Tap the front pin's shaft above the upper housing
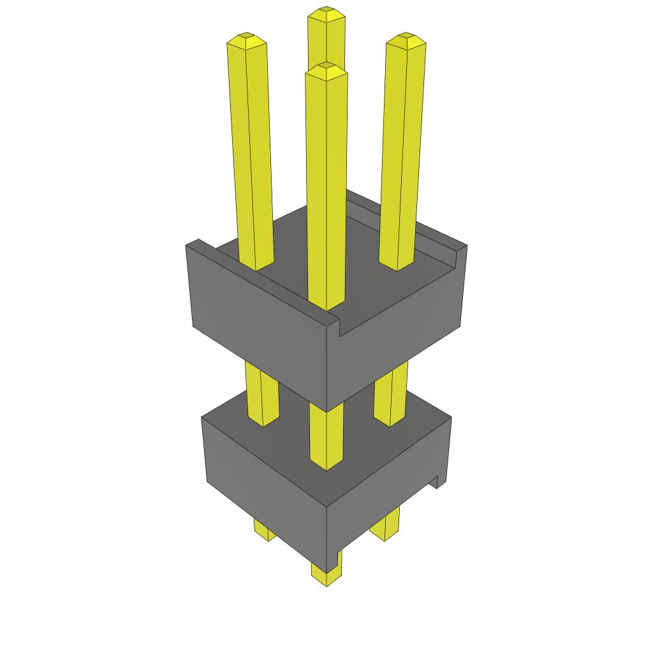(326, 191)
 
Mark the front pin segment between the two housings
(326, 437)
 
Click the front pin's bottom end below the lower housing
(326, 574)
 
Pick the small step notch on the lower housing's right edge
(437, 481)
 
